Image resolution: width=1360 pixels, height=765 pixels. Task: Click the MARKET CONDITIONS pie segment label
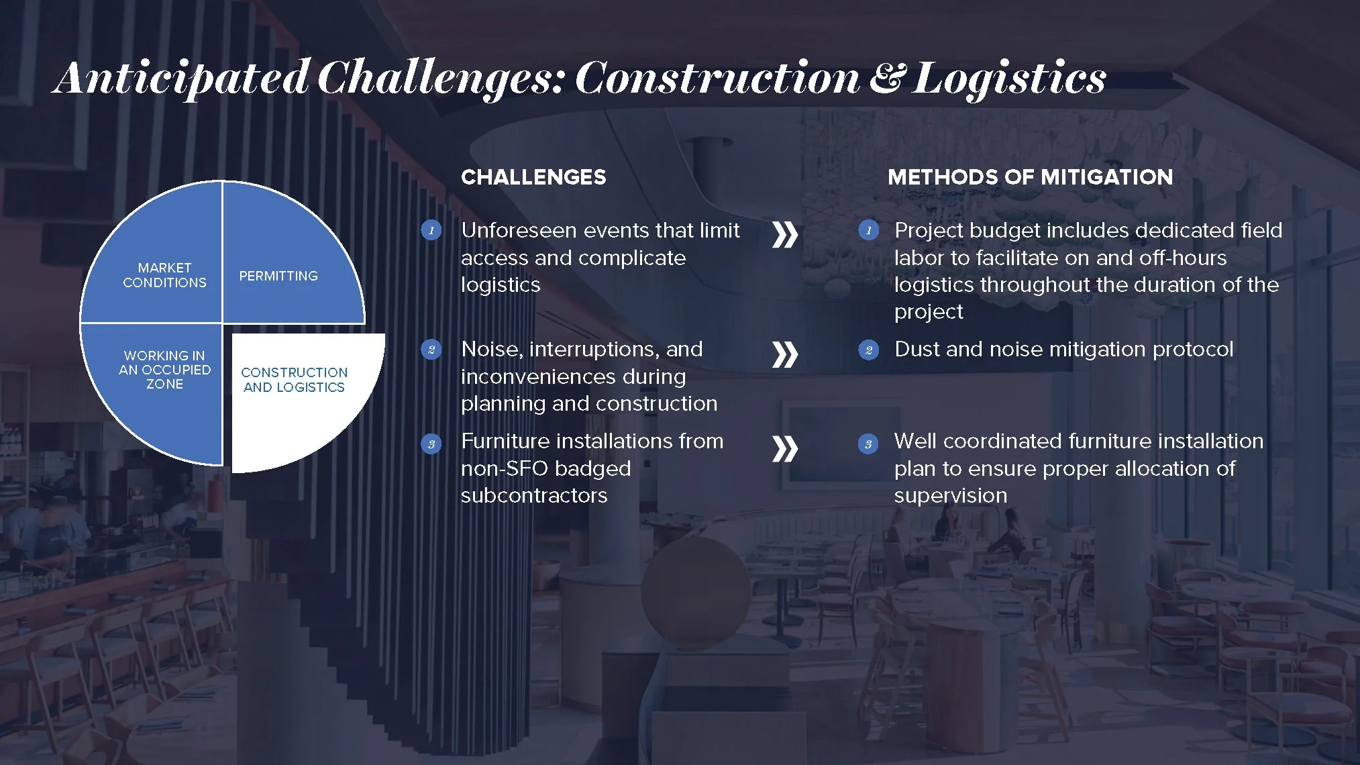(x=164, y=275)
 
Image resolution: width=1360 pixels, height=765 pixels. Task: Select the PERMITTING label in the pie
(x=278, y=276)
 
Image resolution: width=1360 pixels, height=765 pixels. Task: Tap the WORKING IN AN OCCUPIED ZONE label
(x=164, y=370)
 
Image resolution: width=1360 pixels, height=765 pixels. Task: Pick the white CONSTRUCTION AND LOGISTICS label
(x=294, y=380)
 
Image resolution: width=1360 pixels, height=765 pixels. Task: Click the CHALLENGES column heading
(x=533, y=177)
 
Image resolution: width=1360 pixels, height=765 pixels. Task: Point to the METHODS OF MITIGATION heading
(x=1030, y=177)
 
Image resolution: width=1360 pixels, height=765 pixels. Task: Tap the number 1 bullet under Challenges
(x=431, y=231)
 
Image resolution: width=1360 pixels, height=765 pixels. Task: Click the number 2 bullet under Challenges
(x=431, y=350)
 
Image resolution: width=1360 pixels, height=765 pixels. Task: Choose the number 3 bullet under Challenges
(x=431, y=444)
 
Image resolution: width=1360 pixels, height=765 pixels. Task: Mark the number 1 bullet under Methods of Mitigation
(x=868, y=231)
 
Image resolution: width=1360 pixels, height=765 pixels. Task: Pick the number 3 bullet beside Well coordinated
(x=868, y=444)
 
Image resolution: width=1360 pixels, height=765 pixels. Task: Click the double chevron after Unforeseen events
(x=784, y=235)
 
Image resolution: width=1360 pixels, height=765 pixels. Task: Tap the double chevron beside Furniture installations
(x=784, y=449)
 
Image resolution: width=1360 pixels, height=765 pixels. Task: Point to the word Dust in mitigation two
(x=917, y=350)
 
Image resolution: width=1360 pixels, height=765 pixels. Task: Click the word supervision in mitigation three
(x=950, y=496)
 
